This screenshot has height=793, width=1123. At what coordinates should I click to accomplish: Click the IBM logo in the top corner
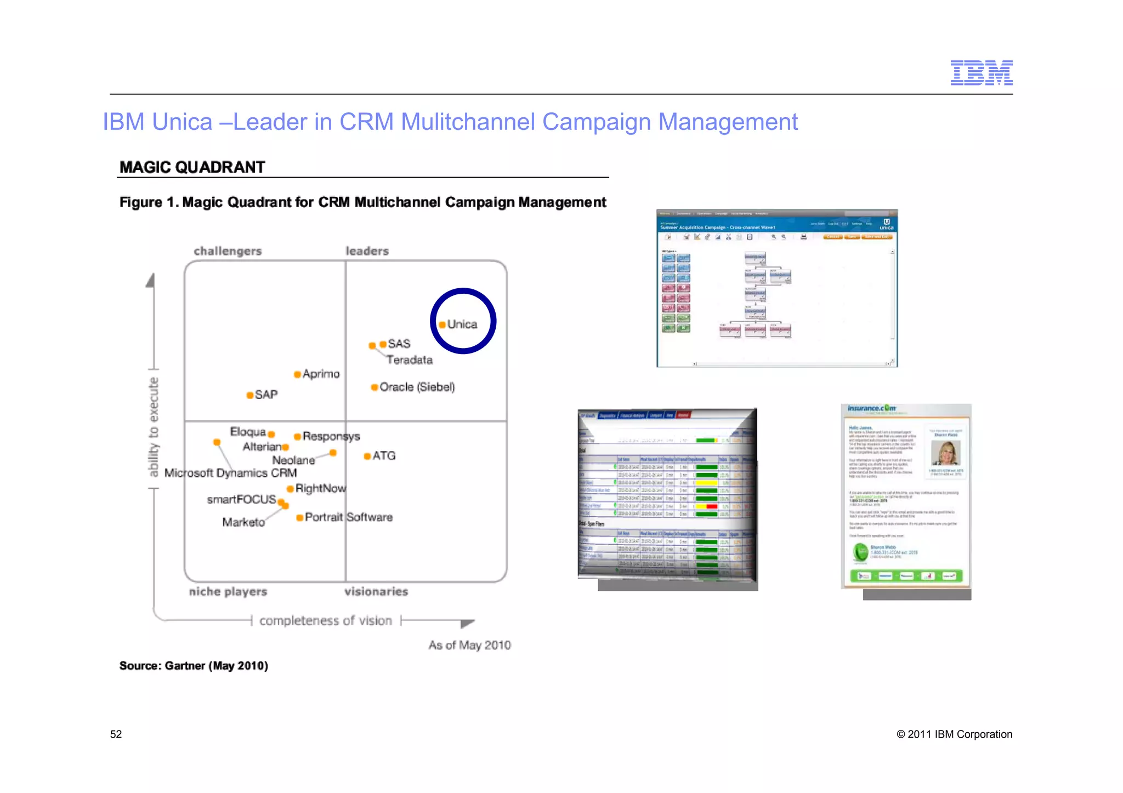click(x=981, y=73)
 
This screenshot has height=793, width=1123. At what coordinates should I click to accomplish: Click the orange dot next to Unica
click(x=442, y=324)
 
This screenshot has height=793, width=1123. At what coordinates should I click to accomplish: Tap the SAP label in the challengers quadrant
click(x=266, y=395)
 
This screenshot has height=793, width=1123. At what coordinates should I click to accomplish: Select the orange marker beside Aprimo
click(x=297, y=374)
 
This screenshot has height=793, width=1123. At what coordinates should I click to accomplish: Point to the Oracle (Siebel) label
click(x=417, y=387)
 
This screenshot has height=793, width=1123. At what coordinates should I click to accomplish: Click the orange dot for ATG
click(x=367, y=456)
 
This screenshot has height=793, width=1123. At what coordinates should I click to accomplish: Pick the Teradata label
click(x=409, y=360)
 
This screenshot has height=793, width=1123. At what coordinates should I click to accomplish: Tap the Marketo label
click(x=243, y=522)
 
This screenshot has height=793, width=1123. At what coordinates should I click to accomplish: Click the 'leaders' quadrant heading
click(x=367, y=251)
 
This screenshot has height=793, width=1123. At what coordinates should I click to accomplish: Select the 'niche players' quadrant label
click(x=228, y=591)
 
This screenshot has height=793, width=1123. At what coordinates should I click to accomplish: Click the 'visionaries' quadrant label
click(x=376, y=591)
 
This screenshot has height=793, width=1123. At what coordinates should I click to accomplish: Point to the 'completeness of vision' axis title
click(x=326, y=620)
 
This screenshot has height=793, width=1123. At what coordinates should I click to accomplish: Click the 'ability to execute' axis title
click(x=154, y=426)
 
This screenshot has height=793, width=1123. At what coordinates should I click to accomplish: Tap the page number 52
click(x=116, y=734)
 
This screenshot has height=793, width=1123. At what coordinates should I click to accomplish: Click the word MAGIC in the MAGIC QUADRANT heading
click(x=144, y=167)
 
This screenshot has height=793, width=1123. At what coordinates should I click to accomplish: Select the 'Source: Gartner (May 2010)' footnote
click(x=194, y=666)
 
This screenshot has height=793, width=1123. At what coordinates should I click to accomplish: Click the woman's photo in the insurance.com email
click(x=945, y=454)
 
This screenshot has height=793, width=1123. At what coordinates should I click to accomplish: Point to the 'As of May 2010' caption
click(x=469, y=645)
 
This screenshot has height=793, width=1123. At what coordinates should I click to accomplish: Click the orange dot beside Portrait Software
click(x=299, y=518)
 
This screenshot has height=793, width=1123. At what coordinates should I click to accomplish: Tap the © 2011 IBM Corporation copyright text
click(x=954, y=734)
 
